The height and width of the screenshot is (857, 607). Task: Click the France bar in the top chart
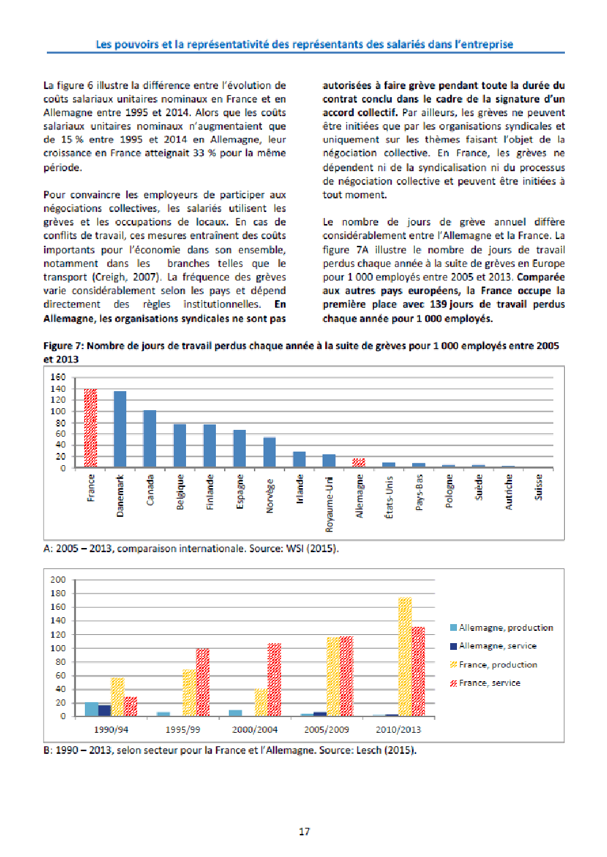pos(90,428)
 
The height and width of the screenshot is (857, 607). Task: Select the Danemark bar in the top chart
pos(119,429)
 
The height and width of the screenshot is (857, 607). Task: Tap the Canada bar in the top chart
pos(149,439)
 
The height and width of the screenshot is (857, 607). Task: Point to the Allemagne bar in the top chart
pos(358,462)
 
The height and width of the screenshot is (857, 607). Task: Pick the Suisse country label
pos(538,488)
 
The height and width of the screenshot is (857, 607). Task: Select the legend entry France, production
pos(498,665)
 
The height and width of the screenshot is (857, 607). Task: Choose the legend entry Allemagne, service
pos(498,646)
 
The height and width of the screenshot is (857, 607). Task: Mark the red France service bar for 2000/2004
pos(274,680)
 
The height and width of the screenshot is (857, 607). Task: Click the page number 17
pos(304,832)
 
